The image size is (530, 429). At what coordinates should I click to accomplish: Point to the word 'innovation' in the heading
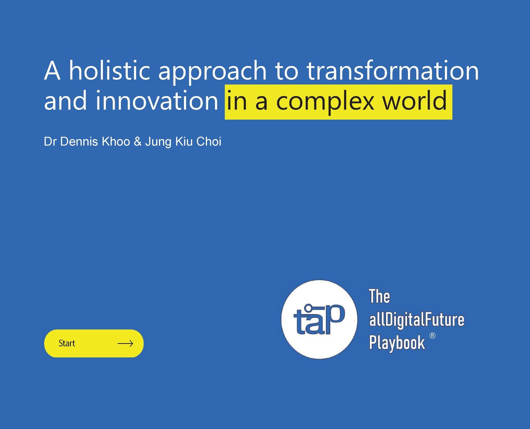coord(157,100)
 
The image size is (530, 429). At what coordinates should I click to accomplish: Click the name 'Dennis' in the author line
coord(79,142)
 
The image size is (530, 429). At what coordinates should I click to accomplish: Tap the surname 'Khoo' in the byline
coord(116,142)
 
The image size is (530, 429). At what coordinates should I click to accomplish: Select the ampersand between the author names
coord(137,142)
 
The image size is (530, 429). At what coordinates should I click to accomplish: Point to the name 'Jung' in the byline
coord(158,143)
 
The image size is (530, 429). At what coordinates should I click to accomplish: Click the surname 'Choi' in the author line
coord(209,142)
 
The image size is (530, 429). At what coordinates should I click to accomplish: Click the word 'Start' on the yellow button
coord(67,343)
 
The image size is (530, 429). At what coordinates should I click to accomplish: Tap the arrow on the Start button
coord(125,344)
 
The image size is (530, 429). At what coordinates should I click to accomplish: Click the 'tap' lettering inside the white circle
coord(319,319)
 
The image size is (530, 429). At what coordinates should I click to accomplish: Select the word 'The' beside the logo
coord(379,297)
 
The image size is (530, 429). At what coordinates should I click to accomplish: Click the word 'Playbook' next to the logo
coord(397,343)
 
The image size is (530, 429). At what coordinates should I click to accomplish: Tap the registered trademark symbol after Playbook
coord(433,336)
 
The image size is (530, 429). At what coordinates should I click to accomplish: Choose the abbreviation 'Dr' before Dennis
coord(50,142)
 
